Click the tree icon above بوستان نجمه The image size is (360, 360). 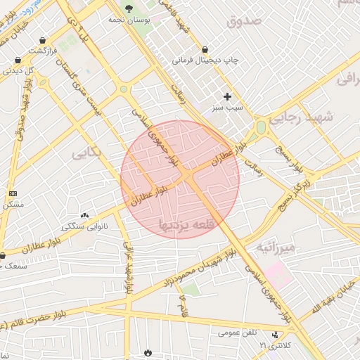click(129, 8)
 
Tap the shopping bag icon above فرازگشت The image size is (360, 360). click(44, 40)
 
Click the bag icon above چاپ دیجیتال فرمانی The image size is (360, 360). click(204, 49)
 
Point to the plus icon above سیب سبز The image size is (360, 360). click(226, 96)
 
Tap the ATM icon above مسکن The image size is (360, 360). click(13, 193)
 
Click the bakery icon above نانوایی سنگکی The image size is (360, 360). click(85, 215)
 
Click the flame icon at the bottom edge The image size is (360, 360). click(147, 352)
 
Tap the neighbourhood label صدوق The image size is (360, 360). click(243, 21)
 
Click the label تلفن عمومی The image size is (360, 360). click(237, 333)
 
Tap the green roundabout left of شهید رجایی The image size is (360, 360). click(261, 128)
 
